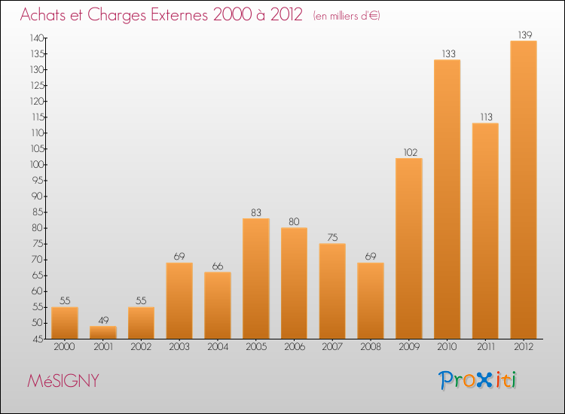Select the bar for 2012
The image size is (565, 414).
click(524, 190)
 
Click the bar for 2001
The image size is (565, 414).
click(103, 332)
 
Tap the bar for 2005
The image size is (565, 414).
click(256, 279)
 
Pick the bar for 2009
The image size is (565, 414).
click(409, 248)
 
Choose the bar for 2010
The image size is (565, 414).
click(447, 199)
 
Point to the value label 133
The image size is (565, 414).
click(447, 53)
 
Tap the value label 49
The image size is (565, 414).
click(103, 320)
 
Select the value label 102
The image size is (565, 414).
click(409, 152)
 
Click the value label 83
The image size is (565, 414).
click(256, 212)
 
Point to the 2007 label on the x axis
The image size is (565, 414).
click(332, 348)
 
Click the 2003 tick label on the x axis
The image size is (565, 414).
click(179, 348)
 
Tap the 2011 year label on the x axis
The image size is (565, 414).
click(485, 348)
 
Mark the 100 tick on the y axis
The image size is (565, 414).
click(35, 164)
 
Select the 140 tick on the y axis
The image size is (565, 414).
click(35, 38)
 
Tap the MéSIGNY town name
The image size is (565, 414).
click(63, 381)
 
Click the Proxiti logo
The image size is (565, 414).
click(478, 380)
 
